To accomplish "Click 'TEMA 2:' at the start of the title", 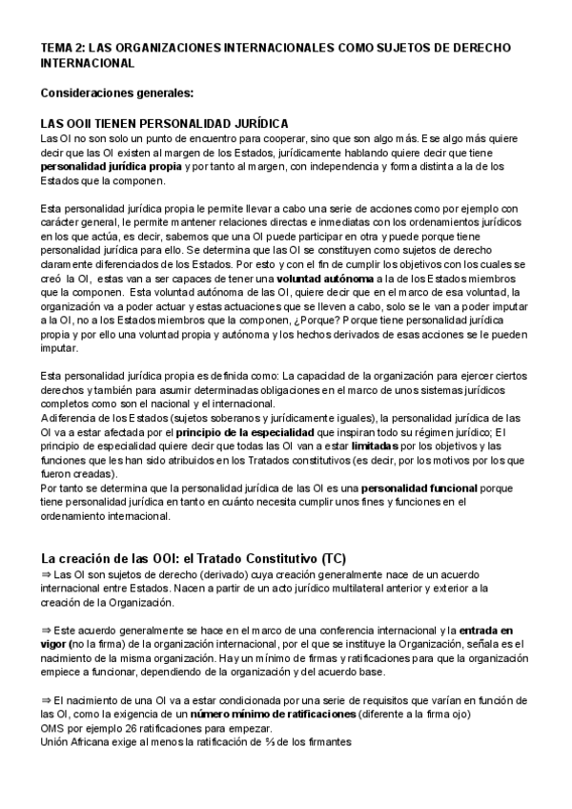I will tap(62, 47).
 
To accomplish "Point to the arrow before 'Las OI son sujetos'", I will tap(47, 575).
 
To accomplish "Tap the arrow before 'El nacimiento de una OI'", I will tap(47, 701).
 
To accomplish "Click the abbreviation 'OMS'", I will tap(53, 730).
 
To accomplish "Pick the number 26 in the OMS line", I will tap(133, 730).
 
